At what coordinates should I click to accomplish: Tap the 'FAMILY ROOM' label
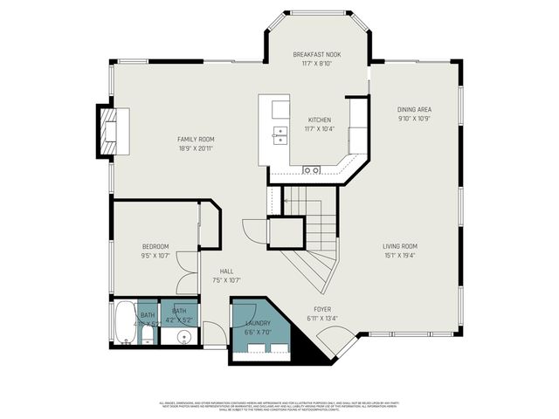[196, 140]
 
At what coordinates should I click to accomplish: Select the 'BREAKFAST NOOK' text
[316, 54]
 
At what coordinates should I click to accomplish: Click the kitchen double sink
[281, 134]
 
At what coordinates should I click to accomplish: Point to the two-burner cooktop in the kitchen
[311, 168]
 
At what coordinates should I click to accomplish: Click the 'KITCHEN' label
[320, 120]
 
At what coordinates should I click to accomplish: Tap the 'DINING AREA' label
[415, 109]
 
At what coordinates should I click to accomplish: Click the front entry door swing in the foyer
[340, 342]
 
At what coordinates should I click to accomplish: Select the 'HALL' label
[226, 271]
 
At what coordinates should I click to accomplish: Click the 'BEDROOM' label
[155, 246]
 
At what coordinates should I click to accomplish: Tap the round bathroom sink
[184, 338]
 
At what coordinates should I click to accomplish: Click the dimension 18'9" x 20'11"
[196, 148]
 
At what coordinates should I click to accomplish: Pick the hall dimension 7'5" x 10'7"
[226, 280]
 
